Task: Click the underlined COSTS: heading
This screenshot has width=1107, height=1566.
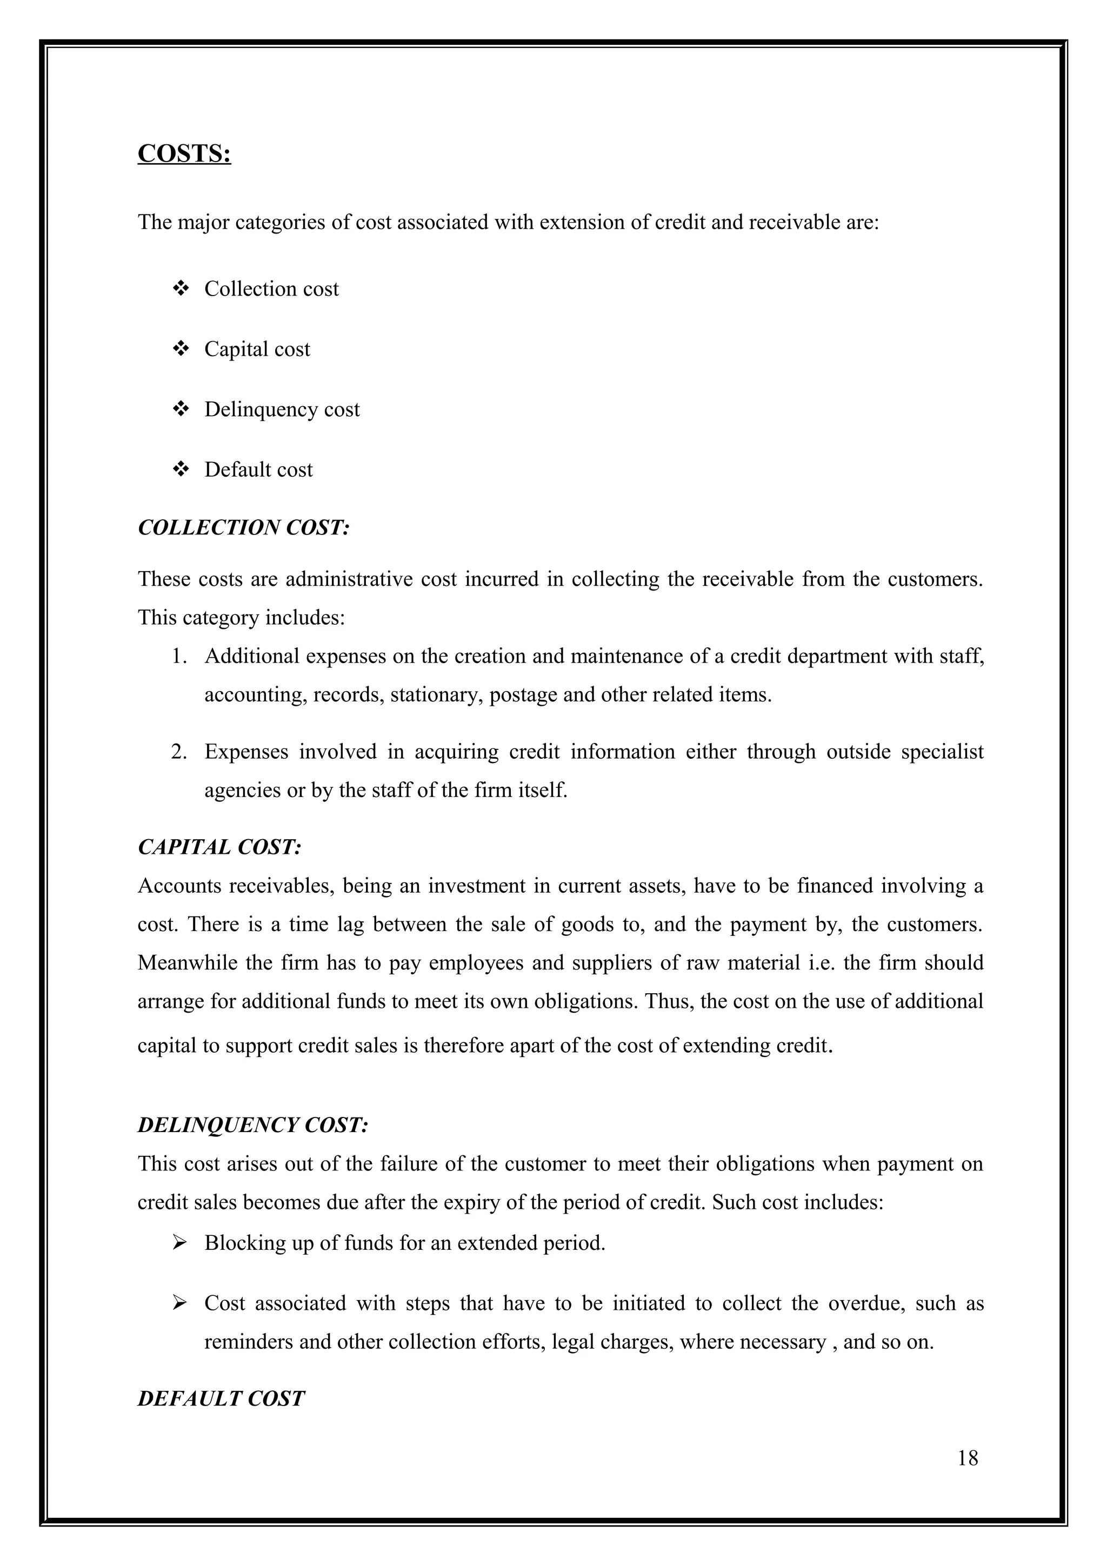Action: click(x=184, y=154)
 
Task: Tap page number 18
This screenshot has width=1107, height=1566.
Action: click(x=967, y=1458)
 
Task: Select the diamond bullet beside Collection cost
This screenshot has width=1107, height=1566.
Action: click(x=181, y=289)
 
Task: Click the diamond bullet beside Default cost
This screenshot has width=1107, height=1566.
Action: click(x=181, y=469)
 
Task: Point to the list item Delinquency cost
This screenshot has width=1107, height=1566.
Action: click(x=282, y=409)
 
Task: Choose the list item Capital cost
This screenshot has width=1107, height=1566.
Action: click(x=257, y=349)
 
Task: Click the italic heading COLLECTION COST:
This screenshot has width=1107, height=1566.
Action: click(x=243, y=527)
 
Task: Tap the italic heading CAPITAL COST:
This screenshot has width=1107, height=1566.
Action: click(x=219, y=847)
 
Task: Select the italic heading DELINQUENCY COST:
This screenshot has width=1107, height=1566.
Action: click(x=253, y=1125)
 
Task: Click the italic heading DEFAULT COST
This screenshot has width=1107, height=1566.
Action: click(x=221, y=1399)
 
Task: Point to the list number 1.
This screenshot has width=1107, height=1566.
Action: click(x=179, y=657)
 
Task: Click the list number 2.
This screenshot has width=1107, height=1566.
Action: click(x=179, y=752)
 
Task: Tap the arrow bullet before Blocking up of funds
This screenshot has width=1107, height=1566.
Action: click(x=180, y=1243)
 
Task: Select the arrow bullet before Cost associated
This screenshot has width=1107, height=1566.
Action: click(x=180, y=1303)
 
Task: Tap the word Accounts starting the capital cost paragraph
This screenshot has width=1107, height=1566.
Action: click(x=179, y=886)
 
